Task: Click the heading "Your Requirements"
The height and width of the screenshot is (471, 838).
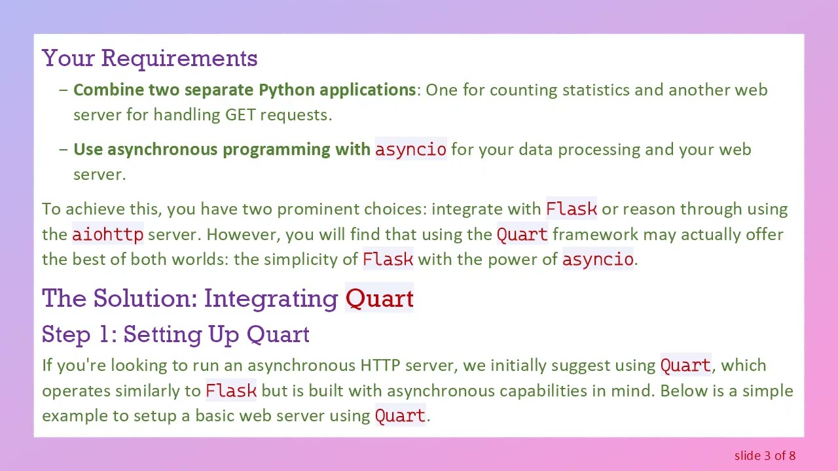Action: point(149,58)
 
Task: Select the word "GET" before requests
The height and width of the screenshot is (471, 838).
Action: point(240,114)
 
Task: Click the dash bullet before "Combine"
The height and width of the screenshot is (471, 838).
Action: point(63,90)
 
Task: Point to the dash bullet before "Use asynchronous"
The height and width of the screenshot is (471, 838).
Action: point(63,149)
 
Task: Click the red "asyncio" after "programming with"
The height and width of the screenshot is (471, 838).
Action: point(410,149)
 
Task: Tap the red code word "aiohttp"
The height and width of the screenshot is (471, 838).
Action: point(107,234)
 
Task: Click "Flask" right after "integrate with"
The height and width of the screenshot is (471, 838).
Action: point(571,209)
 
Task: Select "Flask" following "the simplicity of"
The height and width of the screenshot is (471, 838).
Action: point(388,259)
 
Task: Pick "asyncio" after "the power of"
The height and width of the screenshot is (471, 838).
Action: point(597,259)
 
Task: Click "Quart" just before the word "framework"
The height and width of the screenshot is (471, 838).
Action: point(522,234)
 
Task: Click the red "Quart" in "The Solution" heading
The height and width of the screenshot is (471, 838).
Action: point(379,298)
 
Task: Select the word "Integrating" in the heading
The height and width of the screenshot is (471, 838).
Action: point(271,298)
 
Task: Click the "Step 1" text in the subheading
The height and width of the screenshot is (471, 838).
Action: point(79,334)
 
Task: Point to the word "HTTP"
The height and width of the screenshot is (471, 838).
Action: point(380,365)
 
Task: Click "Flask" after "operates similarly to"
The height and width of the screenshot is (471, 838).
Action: point(231,391)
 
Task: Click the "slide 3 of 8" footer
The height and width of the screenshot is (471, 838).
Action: point(765,455)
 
